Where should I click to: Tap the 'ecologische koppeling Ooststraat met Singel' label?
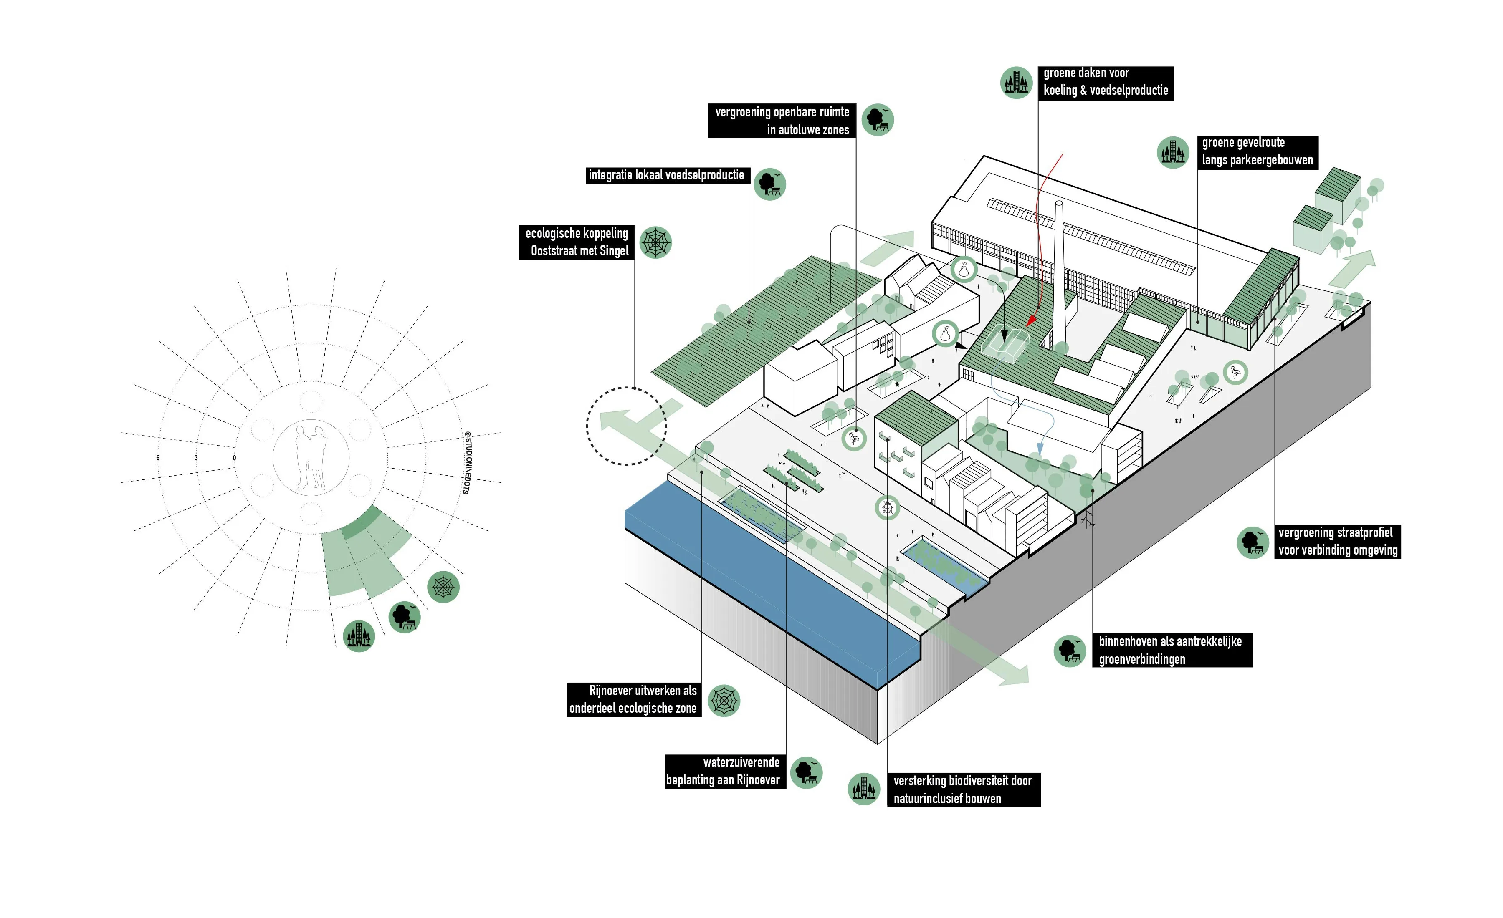577,242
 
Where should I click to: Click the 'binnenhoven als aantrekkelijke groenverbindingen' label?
1171,650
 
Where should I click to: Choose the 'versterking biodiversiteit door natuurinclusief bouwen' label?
963,789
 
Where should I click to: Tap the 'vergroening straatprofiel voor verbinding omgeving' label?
1337,541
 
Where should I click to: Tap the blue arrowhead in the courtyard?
1040,449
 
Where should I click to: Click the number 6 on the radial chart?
158,458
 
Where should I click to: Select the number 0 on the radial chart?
234,458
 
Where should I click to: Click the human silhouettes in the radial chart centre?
311,457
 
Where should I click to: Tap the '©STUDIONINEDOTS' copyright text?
467,463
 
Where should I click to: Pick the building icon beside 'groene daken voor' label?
1016,82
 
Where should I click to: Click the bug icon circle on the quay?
888,507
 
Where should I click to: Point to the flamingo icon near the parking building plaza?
1235,372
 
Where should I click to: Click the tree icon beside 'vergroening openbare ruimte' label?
877,119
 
